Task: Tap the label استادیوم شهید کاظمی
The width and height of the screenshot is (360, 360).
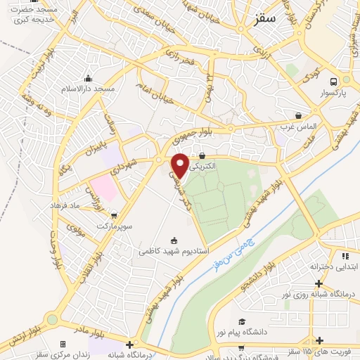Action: pos(174,250)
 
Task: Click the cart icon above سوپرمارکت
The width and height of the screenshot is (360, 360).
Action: pos(114,216)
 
